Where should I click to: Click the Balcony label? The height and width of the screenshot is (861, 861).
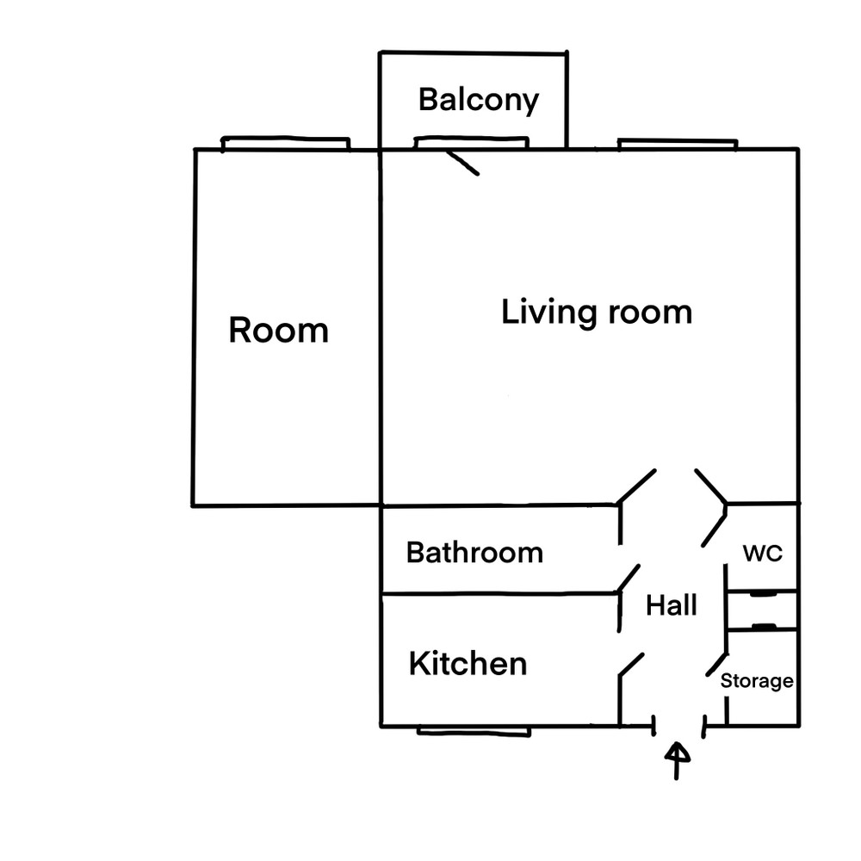[478, 100]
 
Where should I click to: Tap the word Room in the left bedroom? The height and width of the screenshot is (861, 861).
[278, 330]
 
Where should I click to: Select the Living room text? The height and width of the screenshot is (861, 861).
[597, 312]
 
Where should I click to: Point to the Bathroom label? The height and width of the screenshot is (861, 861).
[474, 553]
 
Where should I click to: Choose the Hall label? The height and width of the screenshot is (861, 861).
[671, 605]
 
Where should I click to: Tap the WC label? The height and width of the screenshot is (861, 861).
[762, 554]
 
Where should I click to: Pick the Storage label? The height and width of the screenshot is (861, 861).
[757, 681]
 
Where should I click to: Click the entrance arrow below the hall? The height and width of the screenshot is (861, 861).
[677, 760]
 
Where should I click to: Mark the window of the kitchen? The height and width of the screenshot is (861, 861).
[474, 731]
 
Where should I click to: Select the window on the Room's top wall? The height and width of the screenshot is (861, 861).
[286, 144]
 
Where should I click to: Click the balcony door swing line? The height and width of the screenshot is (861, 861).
[461, 163]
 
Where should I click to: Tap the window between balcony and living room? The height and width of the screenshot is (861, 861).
[471, 143]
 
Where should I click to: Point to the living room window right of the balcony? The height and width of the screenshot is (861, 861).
[678, 145]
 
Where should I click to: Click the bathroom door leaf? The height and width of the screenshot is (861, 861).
[629, 579]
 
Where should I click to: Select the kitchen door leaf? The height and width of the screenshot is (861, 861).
[631, 664]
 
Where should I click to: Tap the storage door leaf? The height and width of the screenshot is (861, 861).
[716, 665]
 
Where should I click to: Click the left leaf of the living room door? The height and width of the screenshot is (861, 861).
[637, 486]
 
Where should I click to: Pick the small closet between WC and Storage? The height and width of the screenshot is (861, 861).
[762, 610]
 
